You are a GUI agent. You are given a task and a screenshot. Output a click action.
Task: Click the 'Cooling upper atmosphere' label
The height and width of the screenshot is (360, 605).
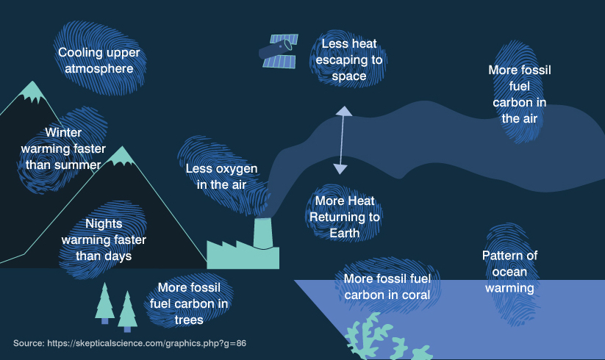coord(99,60)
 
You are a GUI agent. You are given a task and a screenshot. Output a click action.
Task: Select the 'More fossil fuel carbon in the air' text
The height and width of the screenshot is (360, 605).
coord(519,94)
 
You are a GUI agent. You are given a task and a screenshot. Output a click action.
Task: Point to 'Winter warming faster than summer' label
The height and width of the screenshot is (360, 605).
coord(62,148)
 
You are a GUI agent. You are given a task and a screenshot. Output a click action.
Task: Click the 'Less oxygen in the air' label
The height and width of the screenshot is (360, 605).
coord(221,176)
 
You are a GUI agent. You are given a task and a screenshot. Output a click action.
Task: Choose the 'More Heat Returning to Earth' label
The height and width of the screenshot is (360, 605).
coord(345,217)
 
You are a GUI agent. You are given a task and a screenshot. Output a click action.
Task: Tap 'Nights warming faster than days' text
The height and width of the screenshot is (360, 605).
coord(104,240)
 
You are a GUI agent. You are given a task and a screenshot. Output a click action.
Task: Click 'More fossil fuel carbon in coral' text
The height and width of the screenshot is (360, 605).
coord(387,287)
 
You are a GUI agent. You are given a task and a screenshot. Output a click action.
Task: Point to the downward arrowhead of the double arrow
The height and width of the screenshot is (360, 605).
coord(340,168)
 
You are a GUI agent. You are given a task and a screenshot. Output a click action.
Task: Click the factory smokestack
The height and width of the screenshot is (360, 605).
coord(262,233)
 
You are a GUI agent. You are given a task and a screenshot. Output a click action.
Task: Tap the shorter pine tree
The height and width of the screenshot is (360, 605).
coord(128,311)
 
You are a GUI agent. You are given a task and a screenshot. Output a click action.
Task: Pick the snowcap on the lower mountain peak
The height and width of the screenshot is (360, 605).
coord(121,156)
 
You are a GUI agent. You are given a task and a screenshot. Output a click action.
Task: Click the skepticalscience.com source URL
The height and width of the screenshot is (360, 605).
coord(147,343)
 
